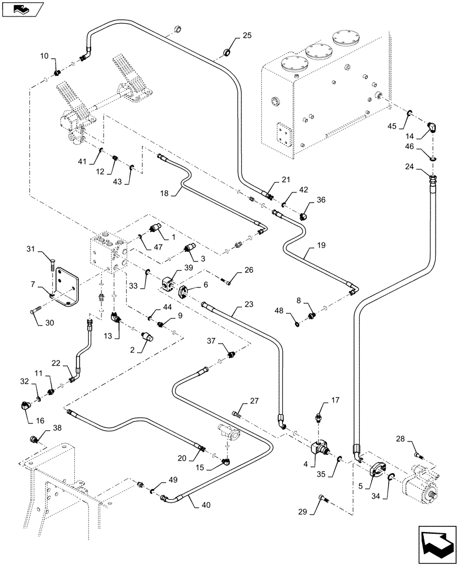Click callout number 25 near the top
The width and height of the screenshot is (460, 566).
point(246,36)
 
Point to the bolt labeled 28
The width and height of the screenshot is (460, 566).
point(417,453)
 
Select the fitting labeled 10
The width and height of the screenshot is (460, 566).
point(57,72)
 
